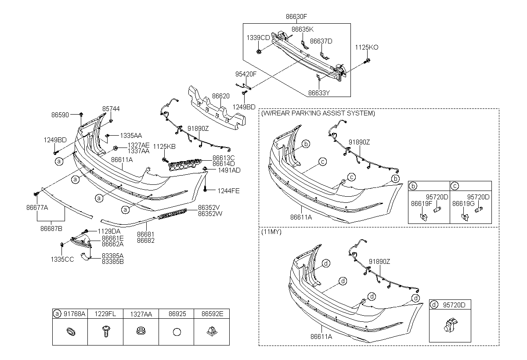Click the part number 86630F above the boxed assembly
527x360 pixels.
coord(296,17)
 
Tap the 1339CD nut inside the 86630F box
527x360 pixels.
coord(259,51)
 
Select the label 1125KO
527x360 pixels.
coord(367,47)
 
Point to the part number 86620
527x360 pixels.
coord(220,96)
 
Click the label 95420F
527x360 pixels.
coord(246,74)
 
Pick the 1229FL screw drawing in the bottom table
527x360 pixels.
coord(106,331)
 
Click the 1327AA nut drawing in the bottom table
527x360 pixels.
coord(141,331)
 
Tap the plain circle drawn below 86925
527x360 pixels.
coord(177,332)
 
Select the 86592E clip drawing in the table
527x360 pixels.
coord(212,331)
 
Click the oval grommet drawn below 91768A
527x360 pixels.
coord(71,331)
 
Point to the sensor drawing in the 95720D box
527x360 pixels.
coord(450,325)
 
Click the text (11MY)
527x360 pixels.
coord(271,232)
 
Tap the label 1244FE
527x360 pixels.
coord(228,191)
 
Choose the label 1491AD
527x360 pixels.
coord(229,170)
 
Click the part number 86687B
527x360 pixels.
coord(51,229)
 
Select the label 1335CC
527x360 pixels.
coord(62,259)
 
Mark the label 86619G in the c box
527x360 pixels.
coord(463,204)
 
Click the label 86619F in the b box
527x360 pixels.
coord(422,204)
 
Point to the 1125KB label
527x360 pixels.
coord(164,147)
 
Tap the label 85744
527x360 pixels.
coord(111,109)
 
